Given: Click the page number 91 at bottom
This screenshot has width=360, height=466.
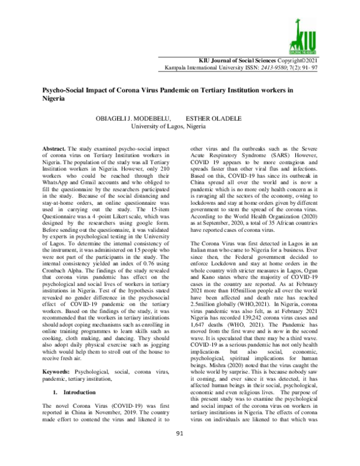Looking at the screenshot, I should [179, 450].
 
